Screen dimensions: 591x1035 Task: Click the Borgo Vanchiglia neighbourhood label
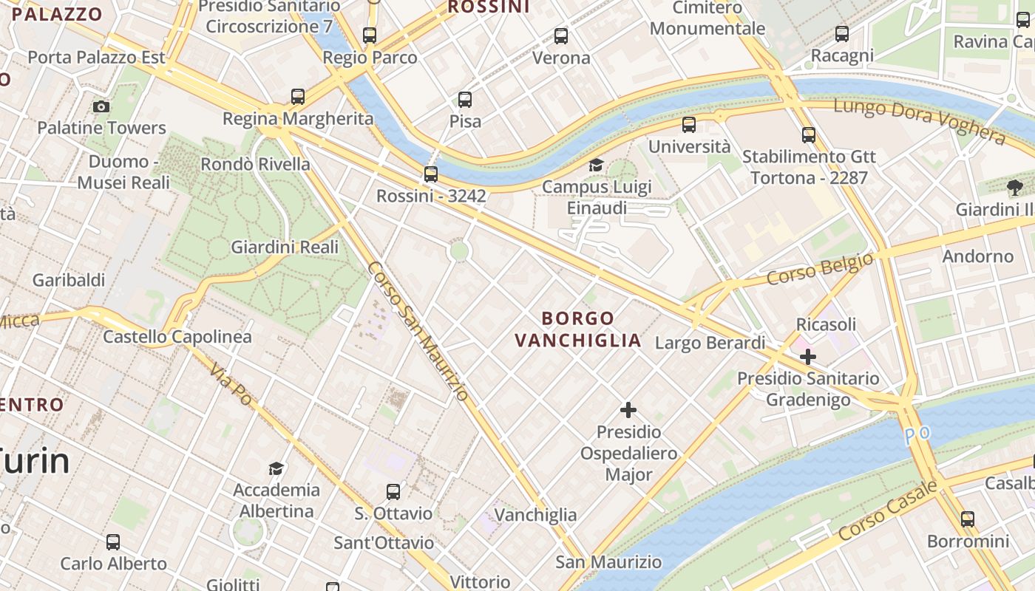578,329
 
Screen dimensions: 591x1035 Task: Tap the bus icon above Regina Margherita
298,96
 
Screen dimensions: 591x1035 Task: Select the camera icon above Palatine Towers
101,106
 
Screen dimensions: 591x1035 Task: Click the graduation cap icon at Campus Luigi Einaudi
596,165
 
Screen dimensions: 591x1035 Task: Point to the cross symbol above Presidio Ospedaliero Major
628,410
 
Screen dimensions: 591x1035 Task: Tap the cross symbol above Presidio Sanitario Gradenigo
808,358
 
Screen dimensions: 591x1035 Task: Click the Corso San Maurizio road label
418,332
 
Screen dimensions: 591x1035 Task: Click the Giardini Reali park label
285,247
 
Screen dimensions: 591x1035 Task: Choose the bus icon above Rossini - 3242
430,174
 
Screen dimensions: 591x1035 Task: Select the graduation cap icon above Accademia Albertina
276,468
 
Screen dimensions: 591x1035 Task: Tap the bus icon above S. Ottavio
393,491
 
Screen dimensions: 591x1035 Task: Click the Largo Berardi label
710,343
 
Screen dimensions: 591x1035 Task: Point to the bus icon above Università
689,125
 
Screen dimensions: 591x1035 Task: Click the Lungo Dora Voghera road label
919,120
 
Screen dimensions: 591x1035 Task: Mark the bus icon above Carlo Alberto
113,542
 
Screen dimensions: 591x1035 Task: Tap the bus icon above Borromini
968,519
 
